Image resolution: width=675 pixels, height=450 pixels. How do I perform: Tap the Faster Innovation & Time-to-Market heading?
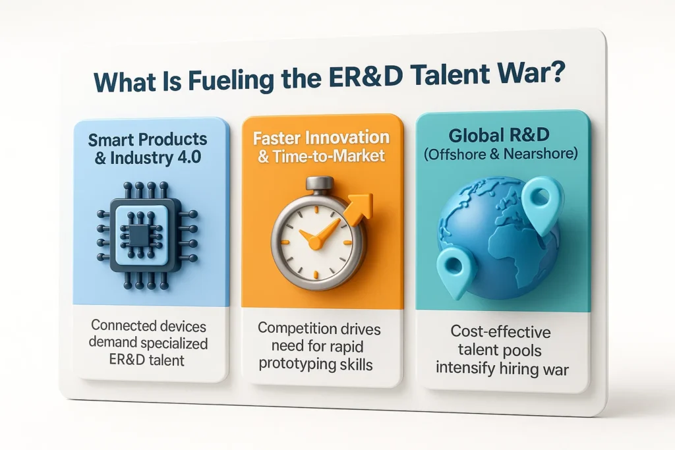point(322,148)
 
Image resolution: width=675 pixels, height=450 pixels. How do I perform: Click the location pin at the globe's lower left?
point(455,269)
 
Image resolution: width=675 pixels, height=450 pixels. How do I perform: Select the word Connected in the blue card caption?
point(120,325)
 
